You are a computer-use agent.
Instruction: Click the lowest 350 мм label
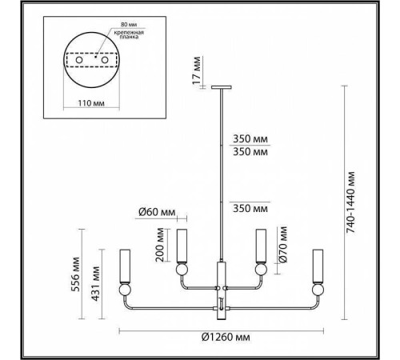pyautogui.click(x=248, y=208)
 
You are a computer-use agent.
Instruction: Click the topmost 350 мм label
pyautogui.click(x=248, y=137)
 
